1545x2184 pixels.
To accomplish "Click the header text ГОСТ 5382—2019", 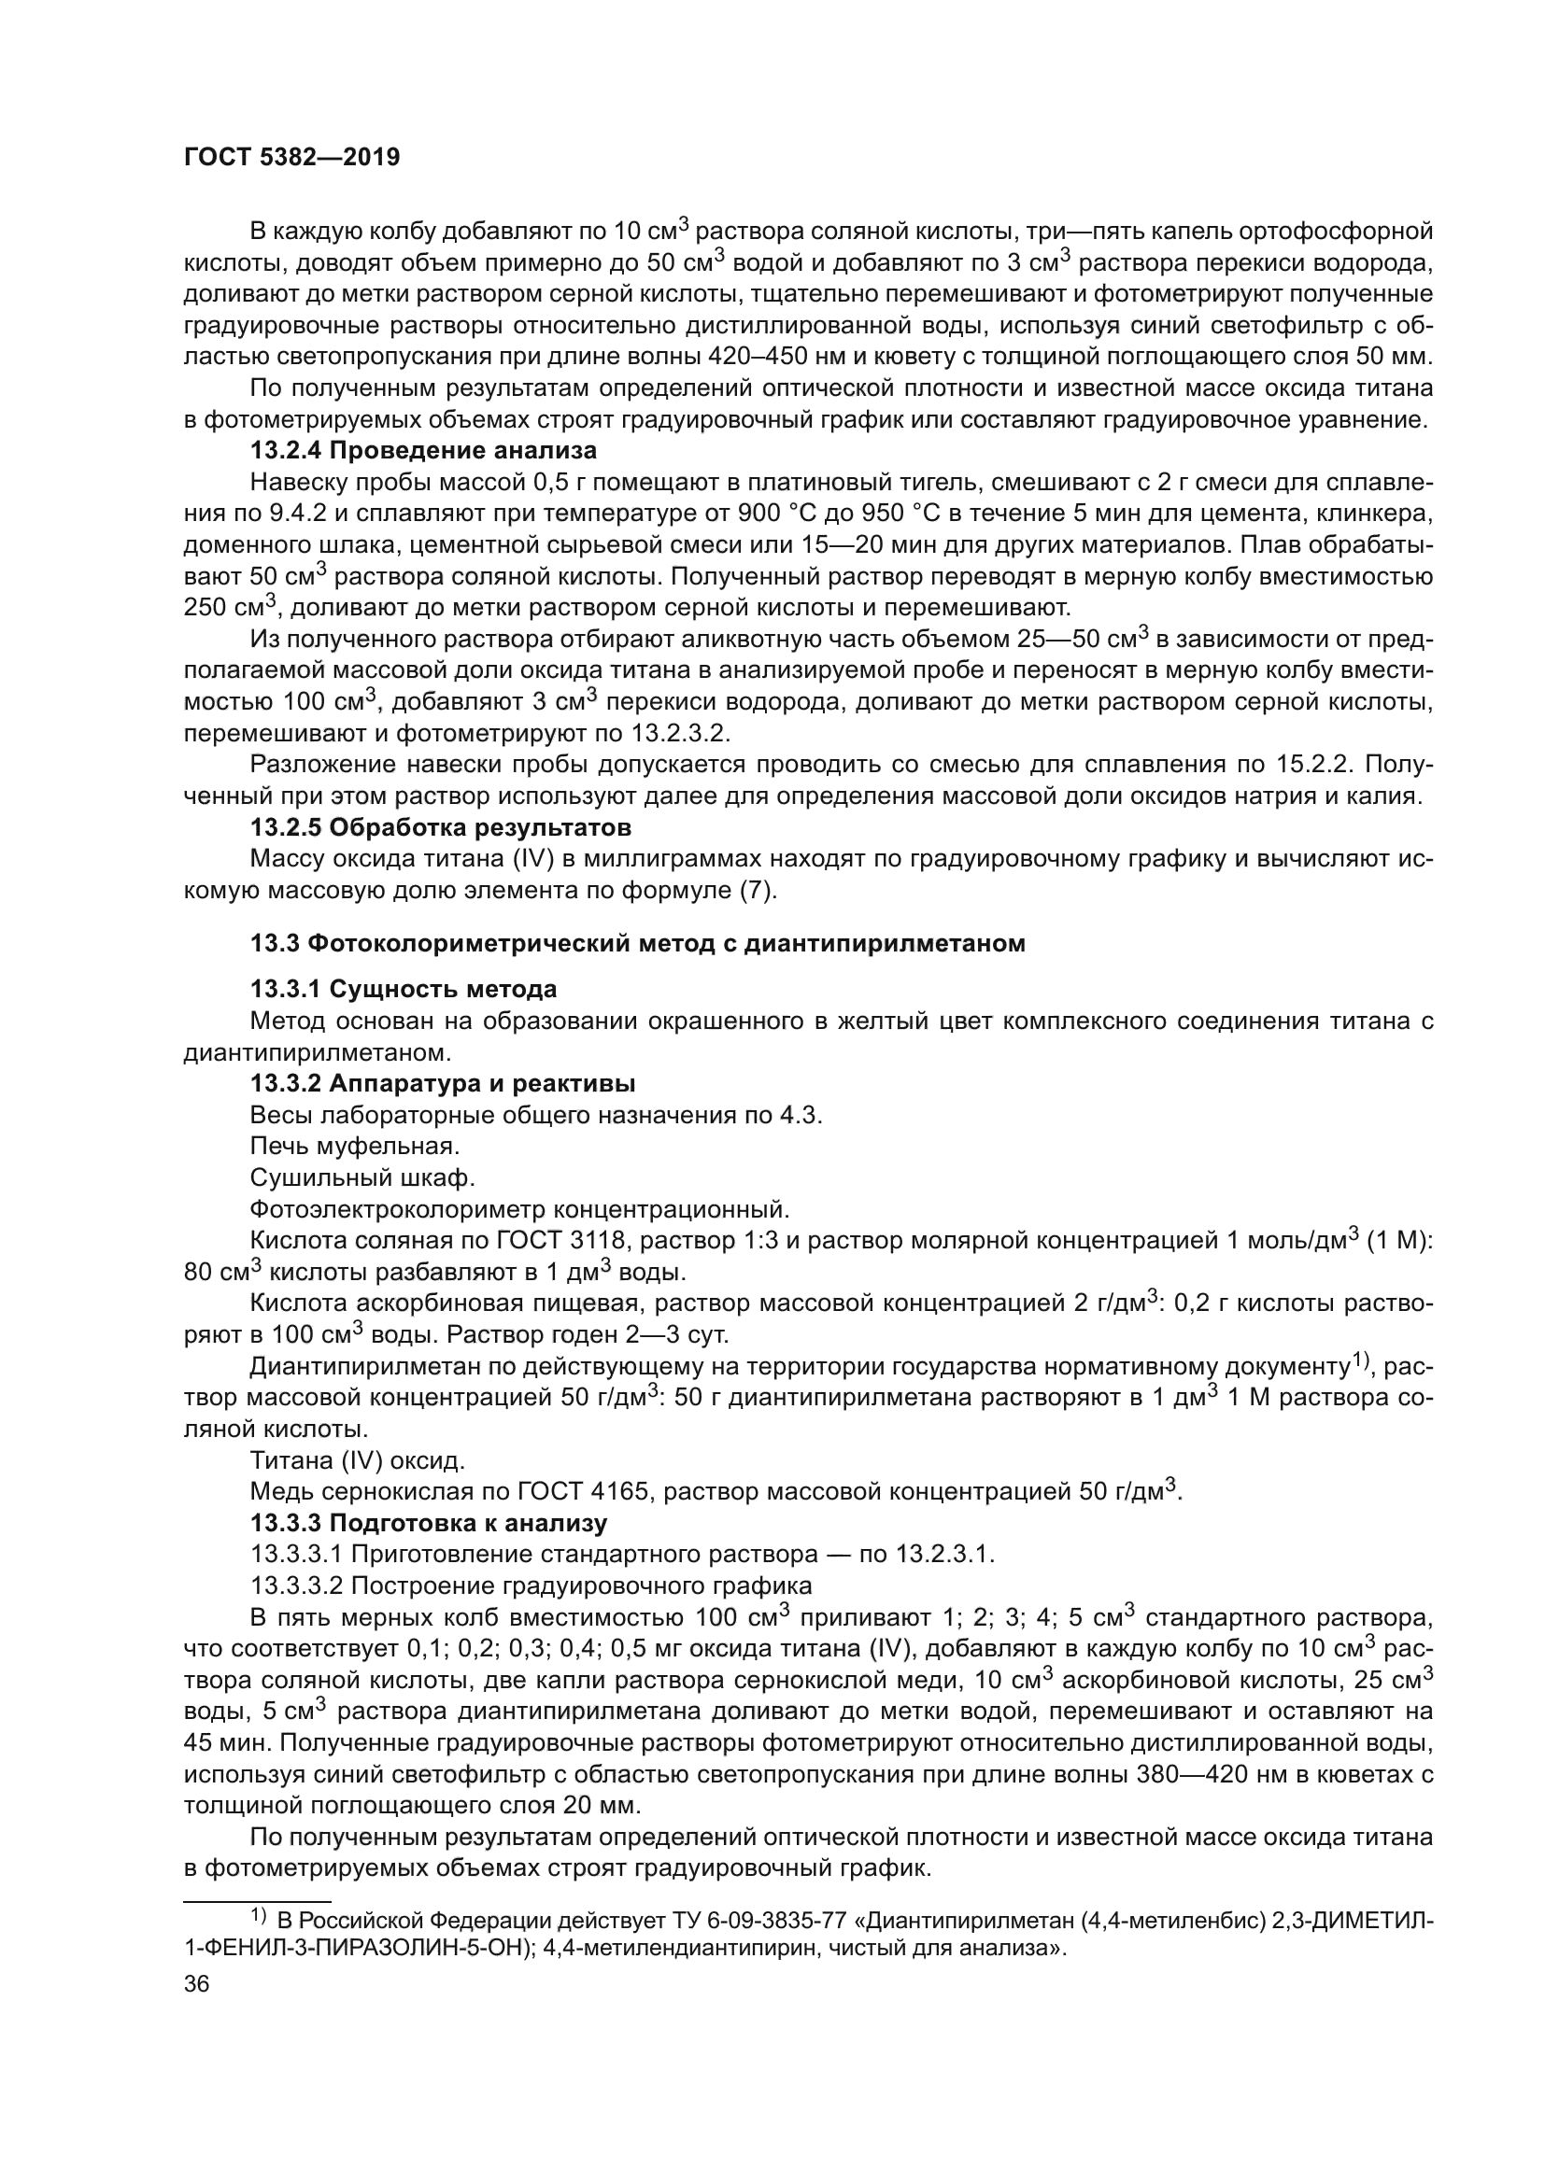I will coord(291,158).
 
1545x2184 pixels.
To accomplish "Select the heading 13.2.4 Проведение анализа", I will coord(423,451).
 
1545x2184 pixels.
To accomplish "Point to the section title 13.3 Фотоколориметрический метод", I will coord(637,944).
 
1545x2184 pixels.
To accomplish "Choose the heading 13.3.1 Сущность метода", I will coord(404,989).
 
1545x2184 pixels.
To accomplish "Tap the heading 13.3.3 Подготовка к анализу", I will coord(428,1523).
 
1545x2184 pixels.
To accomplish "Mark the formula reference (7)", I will coord(757,891).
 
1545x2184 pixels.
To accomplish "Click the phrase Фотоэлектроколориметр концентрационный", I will coord(519,1209).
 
